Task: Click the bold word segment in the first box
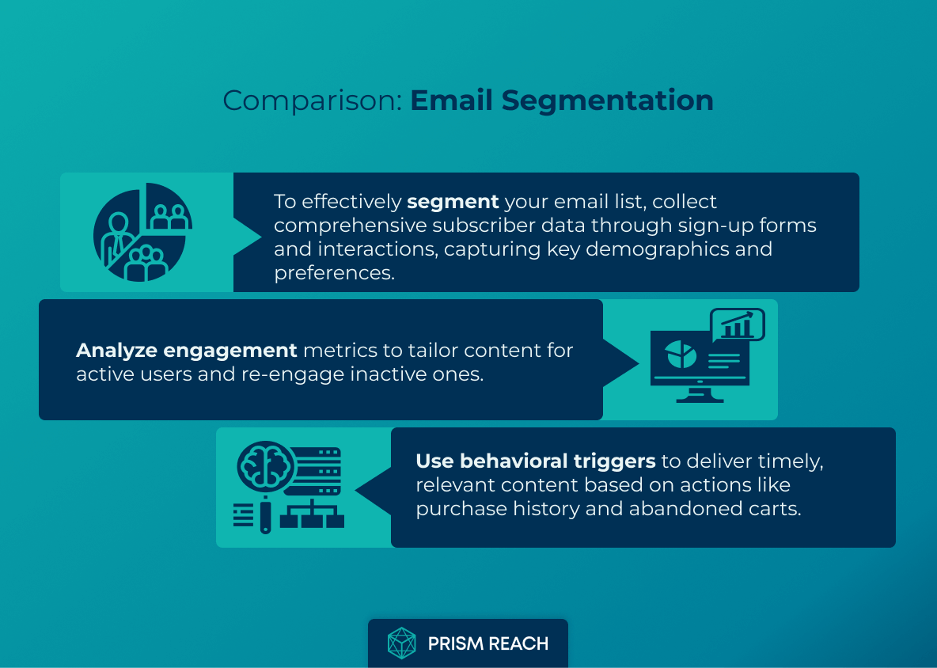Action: (x=453, y=202)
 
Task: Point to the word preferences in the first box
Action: (x=333, y=273)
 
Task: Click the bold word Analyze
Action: (x=112, y=350)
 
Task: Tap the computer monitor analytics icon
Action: (x=700, y=364)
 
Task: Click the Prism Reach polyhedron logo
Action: (x=402, y=643)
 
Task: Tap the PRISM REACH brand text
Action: (x=487, y=643)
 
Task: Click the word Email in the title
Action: (x=452, y=101)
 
